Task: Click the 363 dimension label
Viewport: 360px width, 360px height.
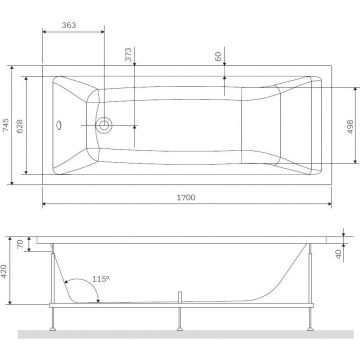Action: point(69,25)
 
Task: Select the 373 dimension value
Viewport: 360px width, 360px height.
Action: point(128,54)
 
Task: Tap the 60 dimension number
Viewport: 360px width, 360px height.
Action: point(218,56)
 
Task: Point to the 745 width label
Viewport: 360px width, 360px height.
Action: point(6,125)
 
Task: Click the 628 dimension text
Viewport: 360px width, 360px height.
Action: point(20,126)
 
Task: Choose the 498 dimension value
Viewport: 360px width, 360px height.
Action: point(350,127)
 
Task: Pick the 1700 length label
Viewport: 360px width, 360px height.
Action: point(186,197)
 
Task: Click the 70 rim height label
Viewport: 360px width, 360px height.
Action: point(20,244)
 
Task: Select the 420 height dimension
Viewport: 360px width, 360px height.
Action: point(4,272)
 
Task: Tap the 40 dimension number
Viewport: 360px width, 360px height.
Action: point(339,254)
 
